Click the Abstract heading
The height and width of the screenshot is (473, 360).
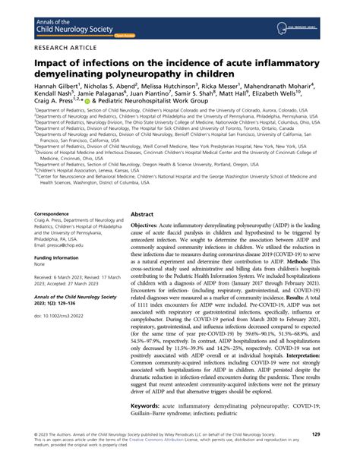pos(144,215)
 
